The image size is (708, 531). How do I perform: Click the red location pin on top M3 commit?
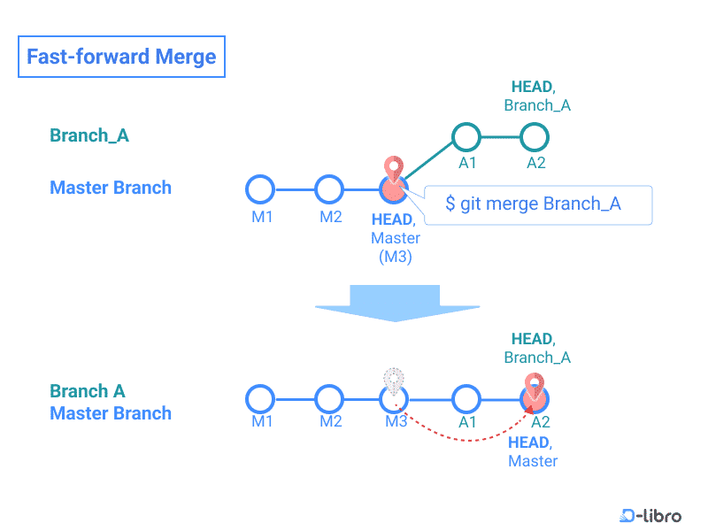pos(394,169)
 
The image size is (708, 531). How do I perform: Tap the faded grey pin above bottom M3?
pos(394,381)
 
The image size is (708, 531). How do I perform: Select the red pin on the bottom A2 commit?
pos(535,387)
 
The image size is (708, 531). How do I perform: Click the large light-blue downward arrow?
pos(396,304)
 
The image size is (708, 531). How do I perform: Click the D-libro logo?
pos(650,515)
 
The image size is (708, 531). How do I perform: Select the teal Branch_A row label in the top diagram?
pos(89,135)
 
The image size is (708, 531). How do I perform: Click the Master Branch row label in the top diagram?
pos(111,188)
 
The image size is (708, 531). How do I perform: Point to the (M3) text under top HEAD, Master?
pos(396,257)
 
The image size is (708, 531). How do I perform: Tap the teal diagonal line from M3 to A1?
pos(429,160)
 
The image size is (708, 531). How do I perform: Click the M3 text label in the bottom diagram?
pos(396,421)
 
